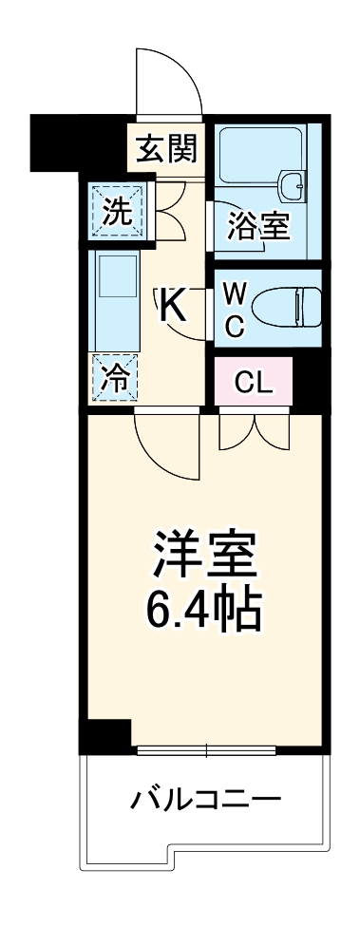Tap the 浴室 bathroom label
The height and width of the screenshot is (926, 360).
click(259, 227)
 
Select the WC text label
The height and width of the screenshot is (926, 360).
click(236, 307)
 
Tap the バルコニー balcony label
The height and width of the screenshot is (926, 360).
click(205, 798)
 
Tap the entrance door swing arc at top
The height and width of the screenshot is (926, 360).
click(166, 81)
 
